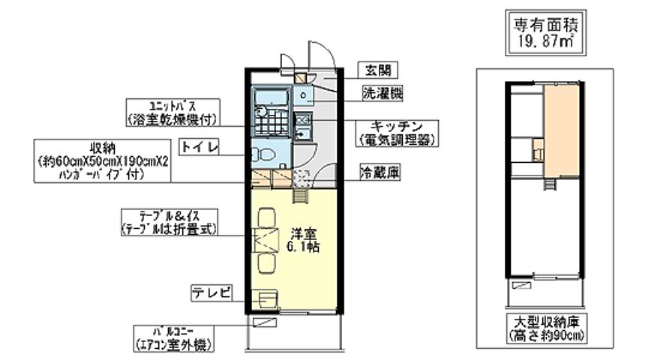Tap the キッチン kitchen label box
click(x=397, y=132)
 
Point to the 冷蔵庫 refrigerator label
click(x=379, y=173)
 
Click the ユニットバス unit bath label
click(x=172, y=111)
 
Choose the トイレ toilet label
click(x=199, y=147)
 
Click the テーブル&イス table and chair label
click(x=169, y=222)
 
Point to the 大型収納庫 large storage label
click(x=545, y=328)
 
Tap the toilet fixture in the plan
click(x=265, y=155)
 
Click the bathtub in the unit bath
click(x=271, y=98)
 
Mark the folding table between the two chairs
click(x=266, y=240)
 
